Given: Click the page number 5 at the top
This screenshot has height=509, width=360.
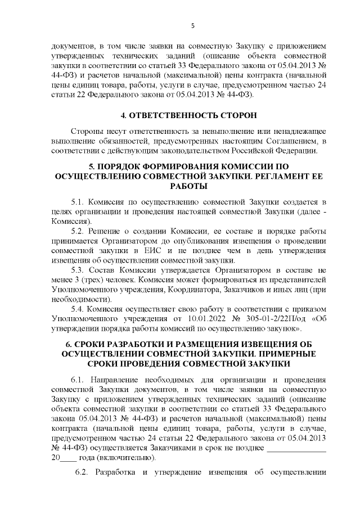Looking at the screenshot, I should (x=192, y=25).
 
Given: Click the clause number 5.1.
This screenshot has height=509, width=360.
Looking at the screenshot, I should (x=78, y=201).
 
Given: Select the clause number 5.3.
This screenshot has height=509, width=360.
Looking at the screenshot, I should (x=78, y=271).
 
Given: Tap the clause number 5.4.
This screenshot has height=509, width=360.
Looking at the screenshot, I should (x=78, y=309).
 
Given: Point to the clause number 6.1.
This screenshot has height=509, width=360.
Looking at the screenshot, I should (x=78, y=379).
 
